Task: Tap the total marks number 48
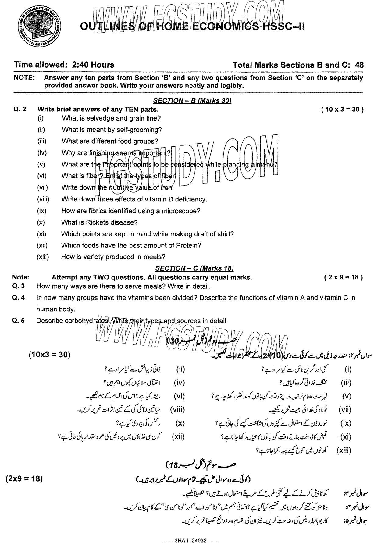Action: [x=359, y=65]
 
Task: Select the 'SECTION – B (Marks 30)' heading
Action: [x=192, y=101]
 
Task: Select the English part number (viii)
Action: [x=43, y=199]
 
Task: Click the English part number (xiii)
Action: [x=43, y=257]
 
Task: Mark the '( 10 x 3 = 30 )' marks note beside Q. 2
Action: [x=342, y=110]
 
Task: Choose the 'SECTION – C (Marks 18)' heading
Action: [x=194, y=268]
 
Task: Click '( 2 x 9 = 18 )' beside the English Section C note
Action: [x=344, y=277]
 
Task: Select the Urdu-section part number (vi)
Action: [x=180, y=396]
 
